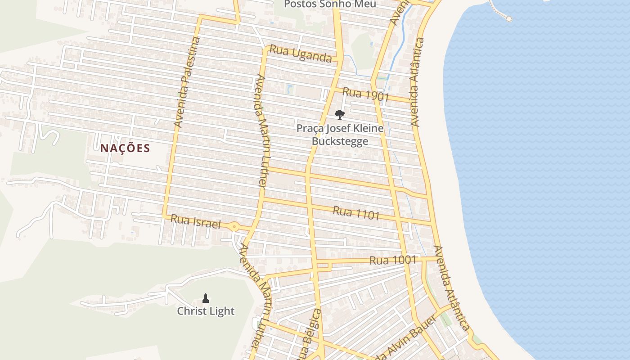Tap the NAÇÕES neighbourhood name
(x=125, y=148)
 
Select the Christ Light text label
(x=206, y=311)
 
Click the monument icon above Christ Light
(x=206, y=298)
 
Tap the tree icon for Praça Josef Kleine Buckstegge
(x=340, y=114)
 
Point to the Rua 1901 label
(x=365, y=94)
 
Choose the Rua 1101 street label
(x=356, y=213)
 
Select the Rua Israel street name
(x=196, y=221)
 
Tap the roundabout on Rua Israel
(x=234, y=227)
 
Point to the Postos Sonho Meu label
(x=330, y=4)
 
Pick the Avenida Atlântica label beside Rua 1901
(x=417, y=82)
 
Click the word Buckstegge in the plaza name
(x=340, y=141)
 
